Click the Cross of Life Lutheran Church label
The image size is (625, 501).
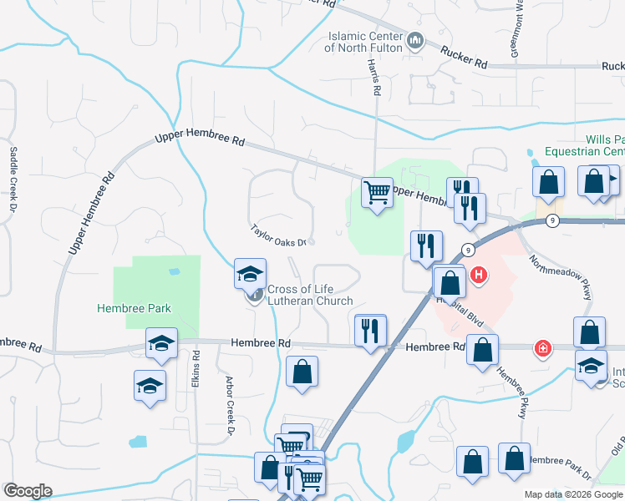click(x=310, y=296)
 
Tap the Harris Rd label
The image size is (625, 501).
click(x=376, y=80)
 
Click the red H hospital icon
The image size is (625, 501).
click(x=479, y=274)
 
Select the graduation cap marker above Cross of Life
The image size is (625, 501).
click(x=249, y=273)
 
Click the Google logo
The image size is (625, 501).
click(x=28, y=491)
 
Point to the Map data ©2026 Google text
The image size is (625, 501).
click(x=572, y=494)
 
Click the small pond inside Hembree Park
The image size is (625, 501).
click(x=173, y=272)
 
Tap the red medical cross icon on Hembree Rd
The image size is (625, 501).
click(x=543, y=347)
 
